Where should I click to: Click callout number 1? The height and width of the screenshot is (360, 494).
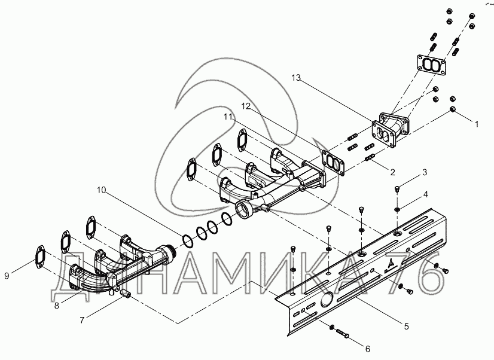477,124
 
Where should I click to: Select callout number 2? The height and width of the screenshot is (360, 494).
392,172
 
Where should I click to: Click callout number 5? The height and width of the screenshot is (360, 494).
406,327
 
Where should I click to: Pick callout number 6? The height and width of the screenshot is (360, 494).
367,348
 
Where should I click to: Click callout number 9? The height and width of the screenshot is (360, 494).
7,276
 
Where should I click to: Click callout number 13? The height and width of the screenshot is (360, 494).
296,78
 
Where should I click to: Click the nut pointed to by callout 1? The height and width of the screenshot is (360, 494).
453,111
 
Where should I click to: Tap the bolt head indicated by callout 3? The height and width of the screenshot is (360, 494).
397,190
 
